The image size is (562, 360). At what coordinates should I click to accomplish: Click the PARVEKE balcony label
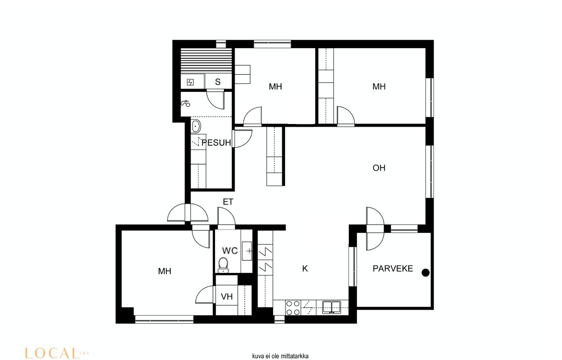tap(393, 269)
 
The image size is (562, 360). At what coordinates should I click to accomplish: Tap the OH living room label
tap(379, 168)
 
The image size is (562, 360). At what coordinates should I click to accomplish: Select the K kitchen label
tap(305, 269)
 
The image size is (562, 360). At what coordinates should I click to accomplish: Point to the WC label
tap(230, 251)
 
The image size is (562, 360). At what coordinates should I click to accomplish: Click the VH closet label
tap(227, 297)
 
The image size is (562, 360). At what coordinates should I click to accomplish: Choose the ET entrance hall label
tap(228, 202)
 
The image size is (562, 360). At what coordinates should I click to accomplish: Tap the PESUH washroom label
tap(216, 143)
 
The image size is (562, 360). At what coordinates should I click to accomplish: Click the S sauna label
tap(218, 82)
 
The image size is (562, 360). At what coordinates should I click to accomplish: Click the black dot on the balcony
tap(426, 273)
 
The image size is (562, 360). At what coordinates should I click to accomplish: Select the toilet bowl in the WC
tap(223, 265)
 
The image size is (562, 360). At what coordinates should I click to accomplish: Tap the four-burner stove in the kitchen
tap(293, 308)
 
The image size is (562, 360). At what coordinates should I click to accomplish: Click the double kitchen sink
tap(332, 307)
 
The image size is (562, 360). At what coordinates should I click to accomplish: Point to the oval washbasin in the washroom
tap(196, 126)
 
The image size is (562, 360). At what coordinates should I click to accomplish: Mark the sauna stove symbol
tap(190, 82)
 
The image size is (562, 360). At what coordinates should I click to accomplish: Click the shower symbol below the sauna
tap(186, 103)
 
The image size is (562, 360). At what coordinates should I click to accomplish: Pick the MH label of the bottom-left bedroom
tap(165, 271)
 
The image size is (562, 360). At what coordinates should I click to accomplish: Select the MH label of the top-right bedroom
tap(379, 87)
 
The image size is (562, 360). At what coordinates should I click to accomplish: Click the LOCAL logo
tap(57, 353)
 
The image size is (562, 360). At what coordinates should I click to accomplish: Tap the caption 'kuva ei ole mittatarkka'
tap(280, 356)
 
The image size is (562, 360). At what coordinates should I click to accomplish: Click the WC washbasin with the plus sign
tap(247, 251)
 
